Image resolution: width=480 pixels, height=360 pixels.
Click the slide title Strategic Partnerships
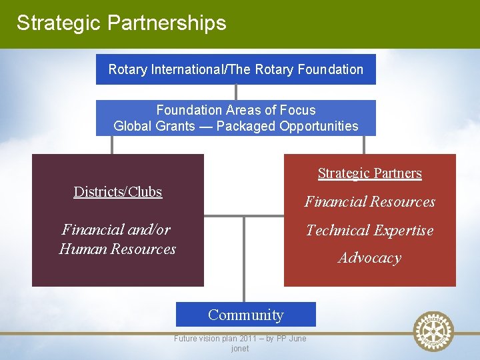point(121,23)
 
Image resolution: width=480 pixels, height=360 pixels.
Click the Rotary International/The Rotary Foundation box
point(235,69)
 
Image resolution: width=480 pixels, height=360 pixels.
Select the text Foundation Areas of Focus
point(235,110)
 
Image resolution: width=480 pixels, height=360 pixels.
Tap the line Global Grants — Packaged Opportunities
point(235,126)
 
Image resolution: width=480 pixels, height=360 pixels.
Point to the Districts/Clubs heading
point(118,192)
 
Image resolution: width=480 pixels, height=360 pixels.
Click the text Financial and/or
point(116,230)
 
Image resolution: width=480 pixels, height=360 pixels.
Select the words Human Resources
point(117,249)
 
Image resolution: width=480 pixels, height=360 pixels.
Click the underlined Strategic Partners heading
point(369,173)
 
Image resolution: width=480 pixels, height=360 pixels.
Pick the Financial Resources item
point(369,202)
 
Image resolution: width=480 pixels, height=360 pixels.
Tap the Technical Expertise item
point(369,231)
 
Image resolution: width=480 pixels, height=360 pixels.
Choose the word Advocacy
point(369,258)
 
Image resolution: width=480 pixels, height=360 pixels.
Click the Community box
point(245,315)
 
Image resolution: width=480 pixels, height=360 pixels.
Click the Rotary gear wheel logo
point(433,331)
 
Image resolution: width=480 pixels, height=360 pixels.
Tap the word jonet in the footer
point(240,349)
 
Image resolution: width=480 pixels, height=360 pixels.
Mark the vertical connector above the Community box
point(244,260)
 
